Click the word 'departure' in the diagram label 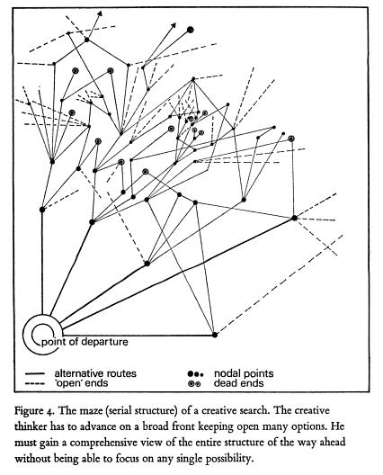click(x=104, y=342)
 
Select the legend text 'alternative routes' click(x=95, y=373)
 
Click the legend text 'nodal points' click(x=244, y=373)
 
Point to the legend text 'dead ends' click(x=238, y=383)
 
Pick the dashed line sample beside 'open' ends click(x=35, y=384)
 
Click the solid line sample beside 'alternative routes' click(x=35, y=373)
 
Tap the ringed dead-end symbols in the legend click(x=194, y=384)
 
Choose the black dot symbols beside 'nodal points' click(x=195, y=374)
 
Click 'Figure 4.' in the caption click(x=34, y=411)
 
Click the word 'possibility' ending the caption click(x=228, y=459)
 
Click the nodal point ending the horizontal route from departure click(x=215, y=335)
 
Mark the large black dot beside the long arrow click(x=190, y=30)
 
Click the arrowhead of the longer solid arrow click(x=174, y=25)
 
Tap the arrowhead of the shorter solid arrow click(x=100, y=13)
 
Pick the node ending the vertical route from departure click(x=42, y=210)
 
